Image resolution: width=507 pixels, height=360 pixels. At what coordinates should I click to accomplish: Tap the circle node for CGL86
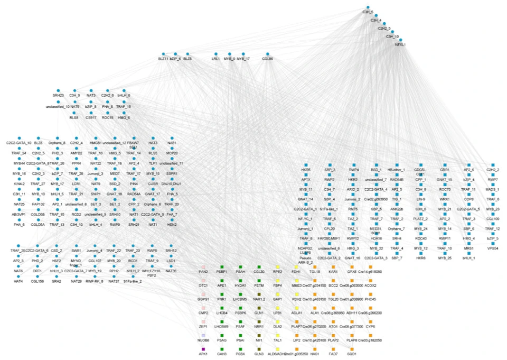tap(268, 53)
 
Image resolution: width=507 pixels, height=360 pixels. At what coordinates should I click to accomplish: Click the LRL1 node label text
tap(216, 59)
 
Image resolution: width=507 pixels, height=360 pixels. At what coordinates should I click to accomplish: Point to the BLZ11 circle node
tap(163, 53)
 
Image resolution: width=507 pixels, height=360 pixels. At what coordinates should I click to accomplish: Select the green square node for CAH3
tap(222, 348)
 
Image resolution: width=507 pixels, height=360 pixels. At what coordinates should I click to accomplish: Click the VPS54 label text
tap(492, 248)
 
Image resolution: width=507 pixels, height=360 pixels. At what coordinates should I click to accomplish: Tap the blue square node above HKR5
tap(304, 165)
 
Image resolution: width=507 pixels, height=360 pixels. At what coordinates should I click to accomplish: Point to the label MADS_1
tap(492, 189)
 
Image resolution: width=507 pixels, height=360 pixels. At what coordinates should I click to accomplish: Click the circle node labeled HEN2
tap(171, 220)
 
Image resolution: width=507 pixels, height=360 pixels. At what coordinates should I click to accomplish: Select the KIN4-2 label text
tap(20, 184)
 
